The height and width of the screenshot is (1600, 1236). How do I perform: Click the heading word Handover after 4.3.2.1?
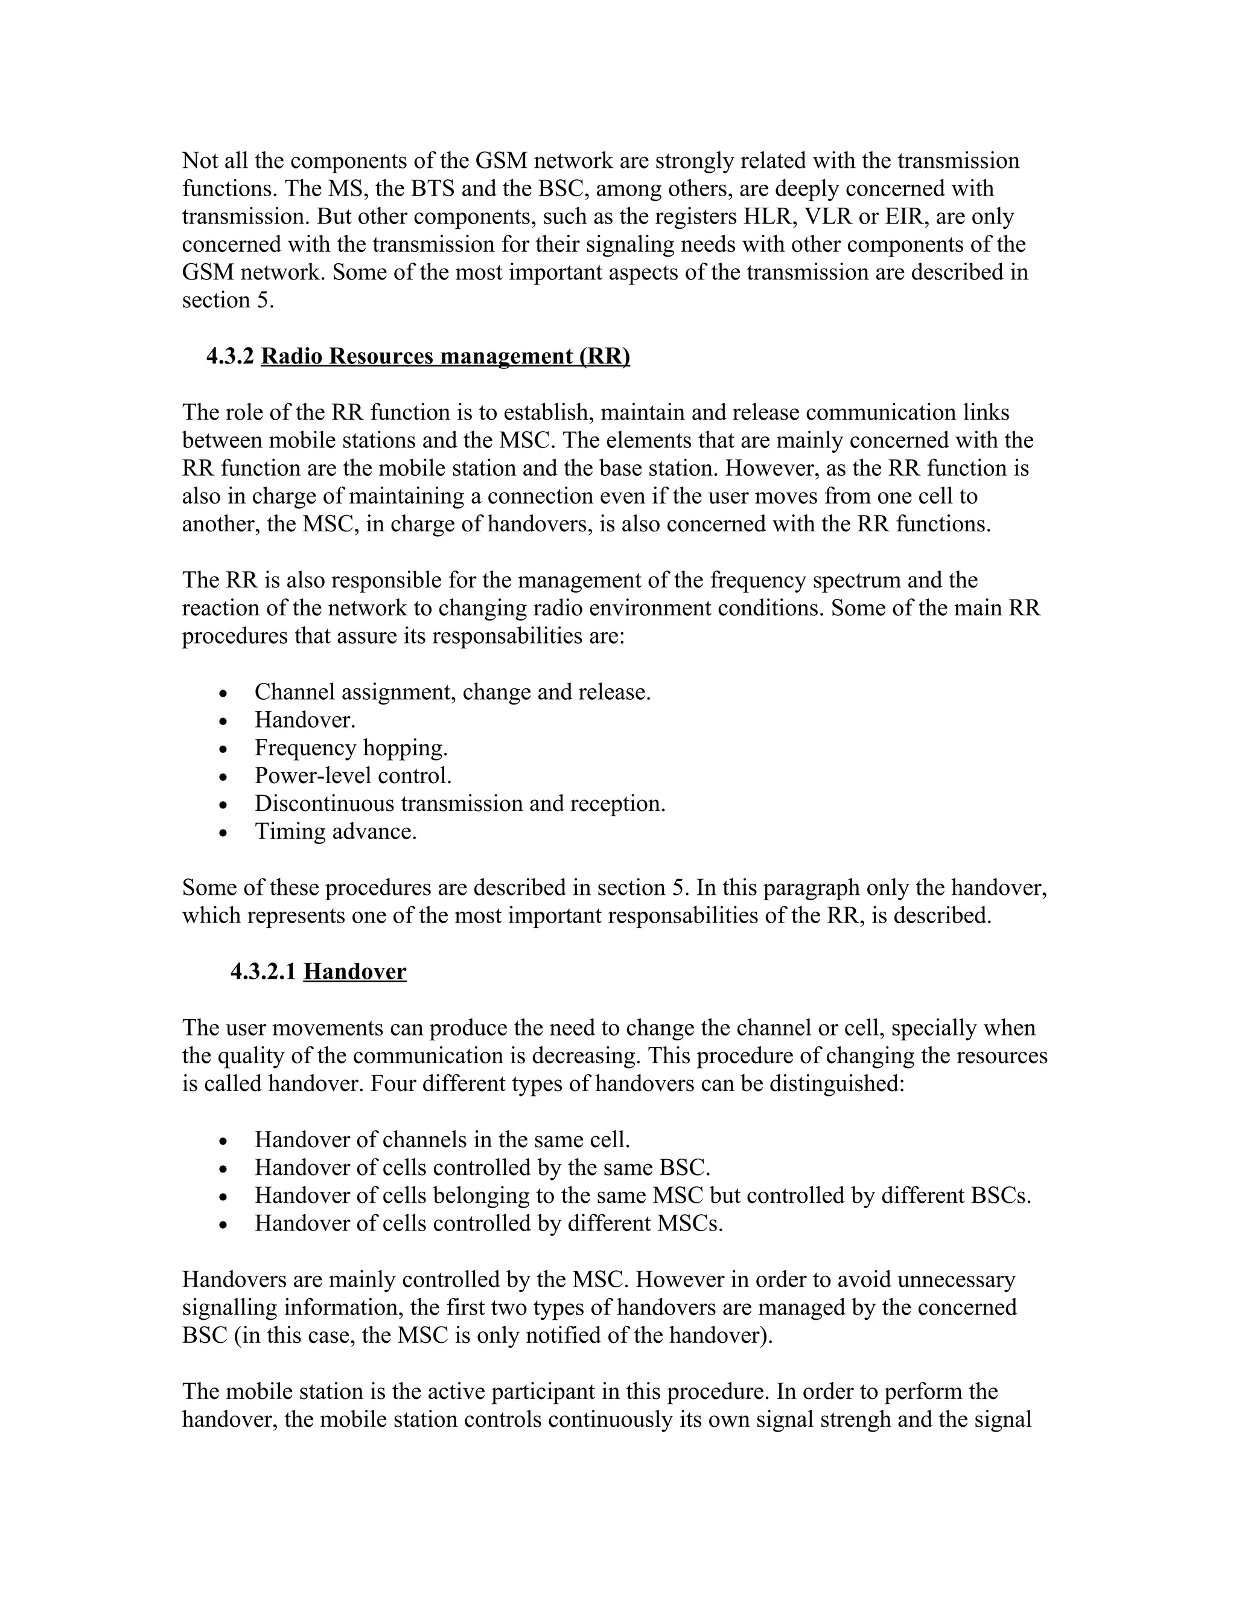pyautogui.click(x=354, y=971)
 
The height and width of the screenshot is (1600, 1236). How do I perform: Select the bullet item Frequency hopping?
pyautogui.click(x=351, y=748)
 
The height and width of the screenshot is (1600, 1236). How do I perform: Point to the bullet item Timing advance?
pyautogui.click(x=336, y=831)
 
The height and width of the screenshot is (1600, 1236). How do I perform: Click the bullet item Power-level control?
pyautogui.click(x=353, y=776)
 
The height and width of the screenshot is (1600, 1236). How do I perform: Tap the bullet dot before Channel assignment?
pyautogui.click(x=223, y=694)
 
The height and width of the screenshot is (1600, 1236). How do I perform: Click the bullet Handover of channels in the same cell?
pyautogui.click(x=442, y=1140)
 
